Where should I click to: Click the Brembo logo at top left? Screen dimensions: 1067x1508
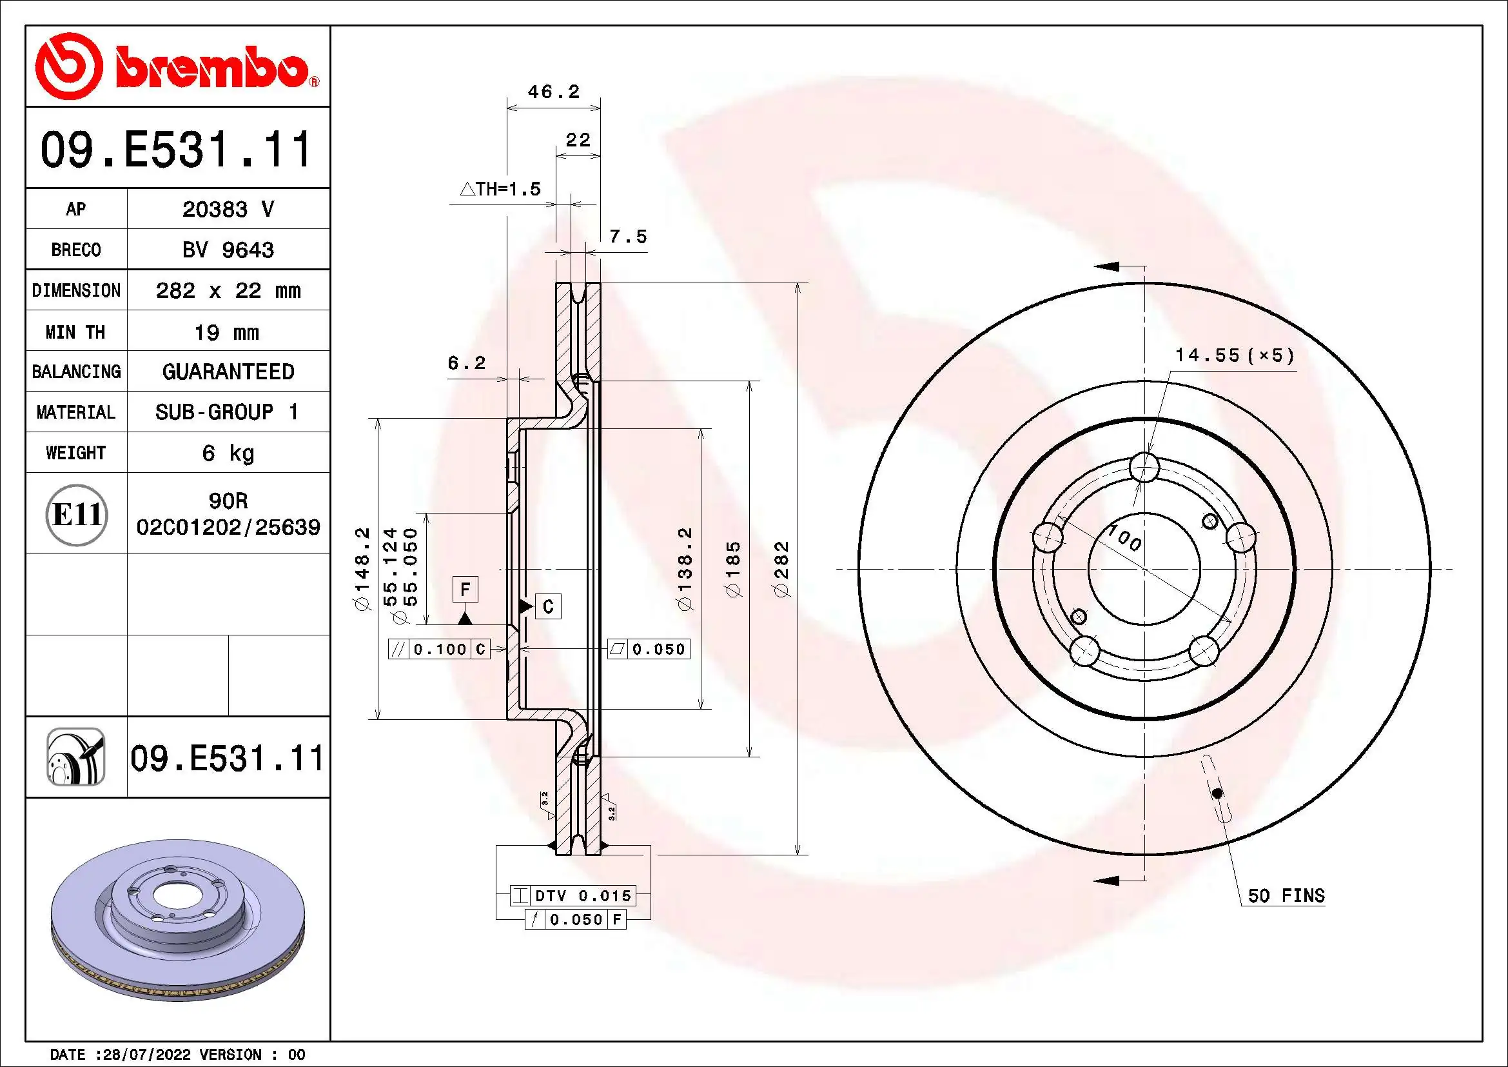coord(176,67)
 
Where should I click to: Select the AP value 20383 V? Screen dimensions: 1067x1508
coord(228,209)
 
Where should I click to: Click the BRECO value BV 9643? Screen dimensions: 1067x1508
coord(228,250)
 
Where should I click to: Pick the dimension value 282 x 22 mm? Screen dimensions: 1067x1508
coord(228,290)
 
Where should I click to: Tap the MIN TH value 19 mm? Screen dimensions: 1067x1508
coord(226,332)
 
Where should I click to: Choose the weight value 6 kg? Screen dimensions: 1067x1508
coord(228,453)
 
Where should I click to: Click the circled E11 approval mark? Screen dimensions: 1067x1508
coord(76,514)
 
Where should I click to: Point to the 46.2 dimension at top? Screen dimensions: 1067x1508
coord(554,92)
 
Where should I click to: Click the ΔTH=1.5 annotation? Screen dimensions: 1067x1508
coord(500,190)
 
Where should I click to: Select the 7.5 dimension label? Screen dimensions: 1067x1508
coord(627,237)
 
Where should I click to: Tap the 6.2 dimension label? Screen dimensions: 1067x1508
coord(466,363)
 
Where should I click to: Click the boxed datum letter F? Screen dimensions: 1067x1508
coord(465,589)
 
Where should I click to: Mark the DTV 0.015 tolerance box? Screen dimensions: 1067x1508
coord(573,895)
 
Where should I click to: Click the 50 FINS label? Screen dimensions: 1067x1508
coord(1286,896)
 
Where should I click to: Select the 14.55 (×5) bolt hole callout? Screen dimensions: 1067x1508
coord(1234,356)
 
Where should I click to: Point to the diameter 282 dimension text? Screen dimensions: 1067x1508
coord(782,568)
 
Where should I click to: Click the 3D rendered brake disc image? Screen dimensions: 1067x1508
coord(177,920)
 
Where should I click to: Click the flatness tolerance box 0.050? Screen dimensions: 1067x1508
coord(649,649)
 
